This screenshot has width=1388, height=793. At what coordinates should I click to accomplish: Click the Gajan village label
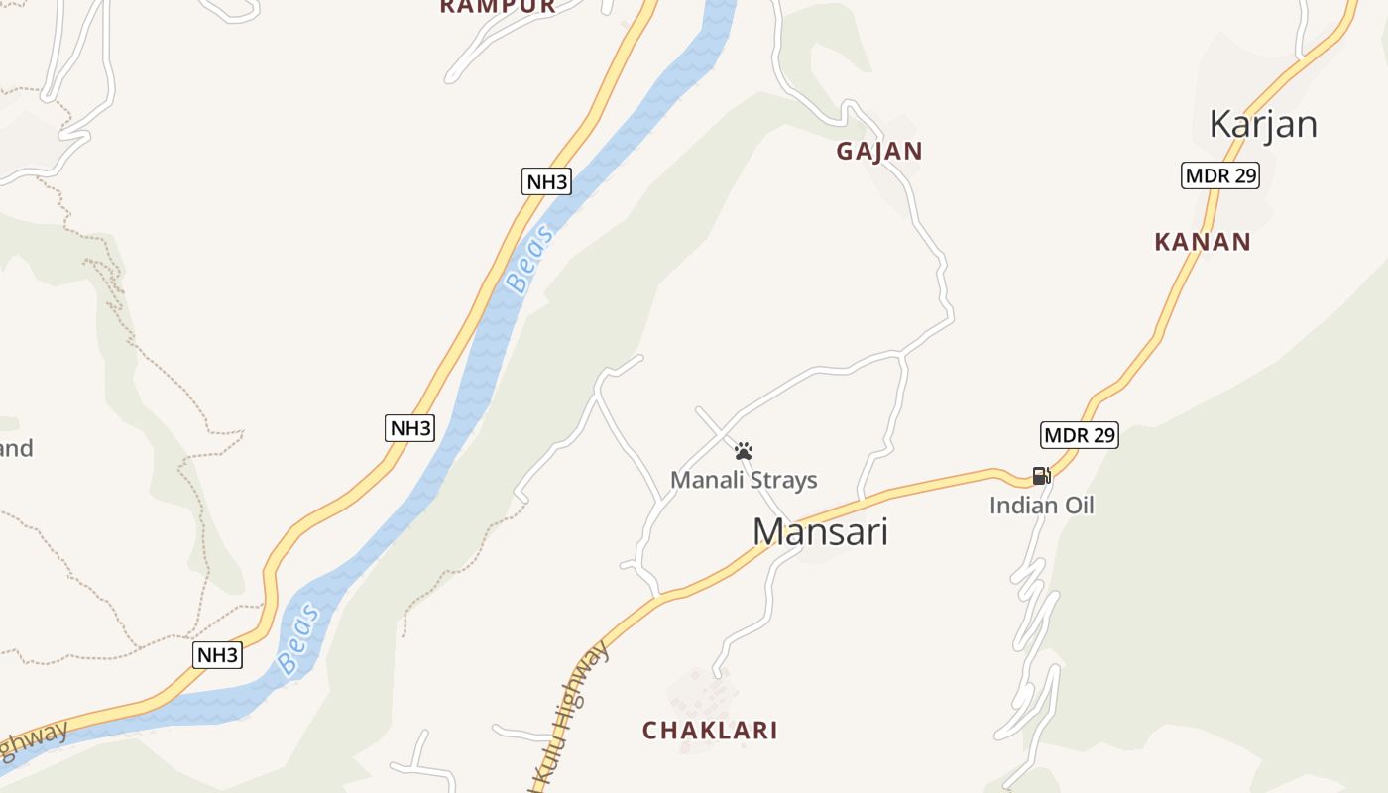click(x=878, y=152)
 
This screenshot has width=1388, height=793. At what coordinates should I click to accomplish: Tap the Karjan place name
click(x=1262, y=125)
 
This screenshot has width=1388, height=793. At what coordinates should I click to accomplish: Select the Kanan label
click(x=1202, y=242)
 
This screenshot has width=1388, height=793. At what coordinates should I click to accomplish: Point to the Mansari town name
click(x=820, y=532)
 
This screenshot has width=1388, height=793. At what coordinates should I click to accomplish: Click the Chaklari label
click(x=709, y=731)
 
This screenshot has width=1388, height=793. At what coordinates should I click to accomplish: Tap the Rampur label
click(x=498, y=6)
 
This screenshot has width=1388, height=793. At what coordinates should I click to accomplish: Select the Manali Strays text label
click(x=744, y=480)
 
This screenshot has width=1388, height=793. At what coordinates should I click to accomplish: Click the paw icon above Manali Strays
click(x=744, y=452)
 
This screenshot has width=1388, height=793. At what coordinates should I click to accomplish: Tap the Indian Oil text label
click(x=1041, y=506)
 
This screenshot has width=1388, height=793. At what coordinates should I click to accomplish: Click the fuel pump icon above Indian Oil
click(x=1041, y=476)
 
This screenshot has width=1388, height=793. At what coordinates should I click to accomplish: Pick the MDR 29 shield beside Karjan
click(x=1220, y=176)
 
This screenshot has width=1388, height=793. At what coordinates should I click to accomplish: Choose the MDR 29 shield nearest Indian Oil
click(x=1079, y=434)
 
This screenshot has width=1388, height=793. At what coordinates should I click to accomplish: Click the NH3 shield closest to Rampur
click(x=546, y=181)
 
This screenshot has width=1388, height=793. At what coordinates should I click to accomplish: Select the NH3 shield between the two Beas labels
click(x=409, y=428)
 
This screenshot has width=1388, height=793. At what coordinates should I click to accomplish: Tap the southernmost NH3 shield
click(x=217, y=654)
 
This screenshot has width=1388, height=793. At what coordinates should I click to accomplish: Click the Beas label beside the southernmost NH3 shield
click(x=298, y=639)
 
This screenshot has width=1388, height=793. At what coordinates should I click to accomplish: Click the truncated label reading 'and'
click(x=15, y=448)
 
